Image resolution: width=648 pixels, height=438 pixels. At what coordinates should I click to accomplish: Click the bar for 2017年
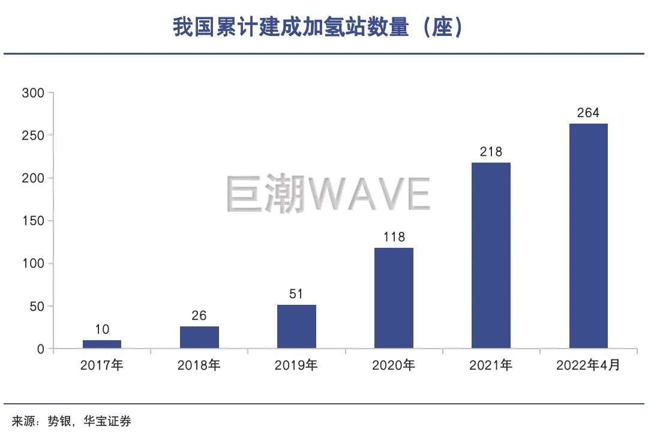102,344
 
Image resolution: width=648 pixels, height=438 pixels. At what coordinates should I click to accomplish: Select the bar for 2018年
199,337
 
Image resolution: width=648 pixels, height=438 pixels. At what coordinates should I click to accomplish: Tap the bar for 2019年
296,326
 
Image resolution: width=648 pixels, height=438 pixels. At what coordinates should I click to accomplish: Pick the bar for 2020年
394,298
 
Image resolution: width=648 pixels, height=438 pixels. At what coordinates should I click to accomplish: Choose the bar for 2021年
491,255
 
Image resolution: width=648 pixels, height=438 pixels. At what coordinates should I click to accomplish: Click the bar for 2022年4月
588,236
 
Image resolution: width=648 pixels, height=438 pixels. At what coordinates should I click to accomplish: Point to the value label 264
588,113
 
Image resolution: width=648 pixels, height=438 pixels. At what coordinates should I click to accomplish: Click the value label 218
491,152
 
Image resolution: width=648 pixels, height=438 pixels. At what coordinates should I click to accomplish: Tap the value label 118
394,237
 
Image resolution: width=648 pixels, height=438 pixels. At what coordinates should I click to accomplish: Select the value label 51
296,294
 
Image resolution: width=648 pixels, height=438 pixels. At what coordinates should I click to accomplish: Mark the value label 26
199,316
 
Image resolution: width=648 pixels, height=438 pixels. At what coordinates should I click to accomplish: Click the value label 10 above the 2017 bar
102,329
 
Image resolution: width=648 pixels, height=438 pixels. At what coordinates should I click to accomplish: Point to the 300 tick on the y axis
33,93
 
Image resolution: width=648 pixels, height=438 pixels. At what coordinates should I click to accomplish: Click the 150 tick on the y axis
33,221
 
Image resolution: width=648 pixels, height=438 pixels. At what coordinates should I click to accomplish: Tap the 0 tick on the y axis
41,349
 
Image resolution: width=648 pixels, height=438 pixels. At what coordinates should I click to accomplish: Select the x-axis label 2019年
296,365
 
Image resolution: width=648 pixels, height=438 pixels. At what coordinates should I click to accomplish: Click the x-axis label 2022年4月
588,365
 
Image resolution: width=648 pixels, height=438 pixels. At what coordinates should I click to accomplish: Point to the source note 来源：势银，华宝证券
71,422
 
